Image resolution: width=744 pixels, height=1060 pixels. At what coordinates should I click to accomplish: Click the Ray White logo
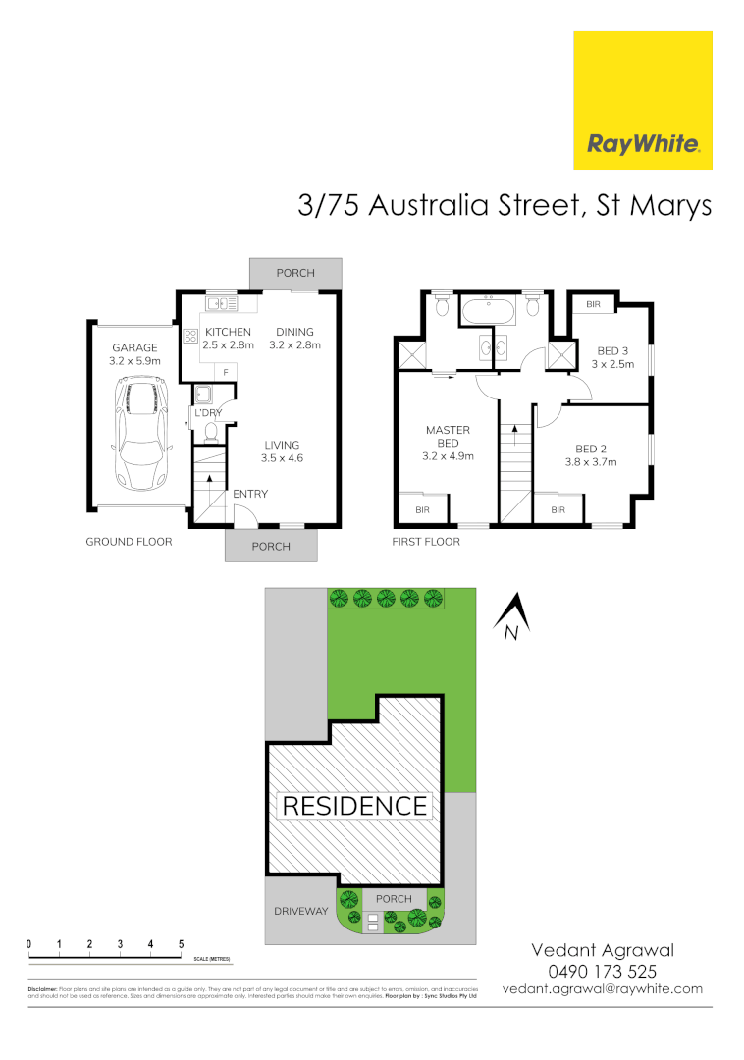tap(643, 100)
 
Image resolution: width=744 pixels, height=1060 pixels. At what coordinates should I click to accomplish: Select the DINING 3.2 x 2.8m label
tap(294, 339)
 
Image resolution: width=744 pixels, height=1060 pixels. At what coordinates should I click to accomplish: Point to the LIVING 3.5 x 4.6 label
tap(281, 450)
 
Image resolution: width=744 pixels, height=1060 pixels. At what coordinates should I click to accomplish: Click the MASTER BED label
tap(448, 443)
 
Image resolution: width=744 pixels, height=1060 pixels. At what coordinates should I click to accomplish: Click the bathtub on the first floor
tap(488, 313)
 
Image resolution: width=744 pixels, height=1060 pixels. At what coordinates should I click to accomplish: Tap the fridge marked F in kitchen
tap(226, 372)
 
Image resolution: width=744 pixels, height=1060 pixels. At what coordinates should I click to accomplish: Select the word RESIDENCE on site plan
tap(355, 806)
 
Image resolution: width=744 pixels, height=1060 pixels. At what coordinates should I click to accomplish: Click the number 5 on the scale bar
tap(182, 944)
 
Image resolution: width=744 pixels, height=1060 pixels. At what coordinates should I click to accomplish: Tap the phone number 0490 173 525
tap(602, 971)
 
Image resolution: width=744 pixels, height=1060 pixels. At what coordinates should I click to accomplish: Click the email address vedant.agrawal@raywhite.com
tap(602, 989)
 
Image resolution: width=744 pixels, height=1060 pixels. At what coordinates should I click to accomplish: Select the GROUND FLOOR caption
tap(129, 542)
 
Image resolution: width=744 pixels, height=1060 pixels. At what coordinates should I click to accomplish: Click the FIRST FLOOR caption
tap(426, 542)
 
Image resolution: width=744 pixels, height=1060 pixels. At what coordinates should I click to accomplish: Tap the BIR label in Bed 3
tap(593, 305)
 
